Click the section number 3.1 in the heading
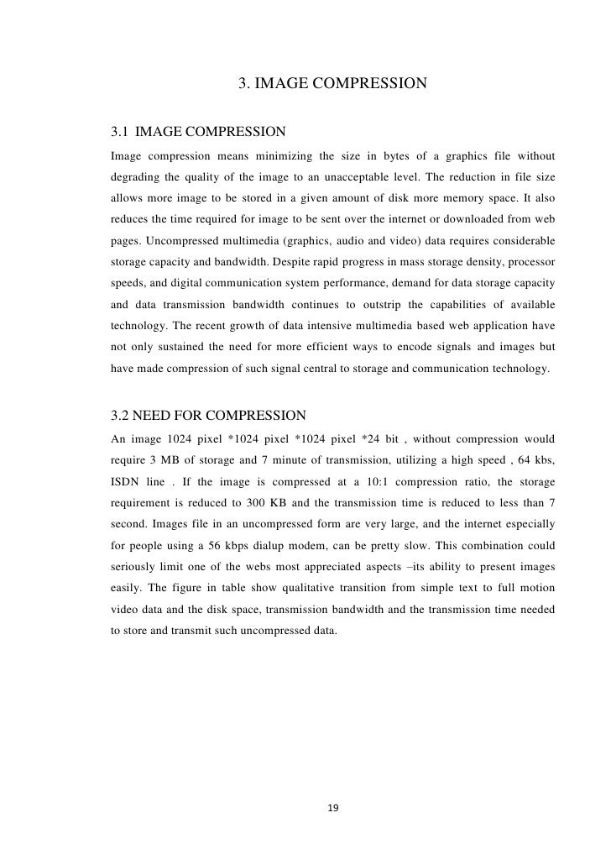[120, 132]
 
